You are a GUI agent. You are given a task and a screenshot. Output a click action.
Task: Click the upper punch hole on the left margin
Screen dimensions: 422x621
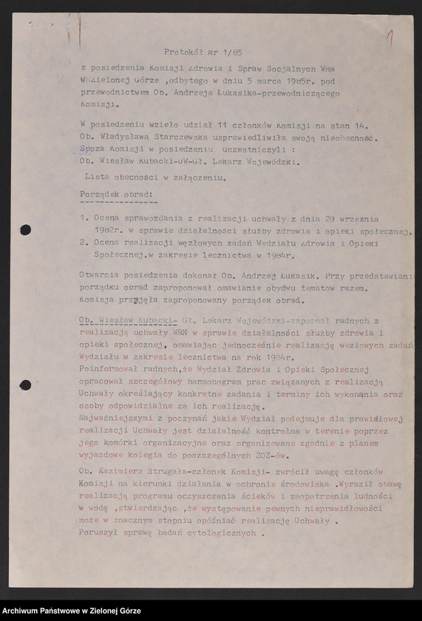coord(25,230)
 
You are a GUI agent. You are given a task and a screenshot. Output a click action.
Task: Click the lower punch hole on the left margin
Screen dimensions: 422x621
coord(25,384)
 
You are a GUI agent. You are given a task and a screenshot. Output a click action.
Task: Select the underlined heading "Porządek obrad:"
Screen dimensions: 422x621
coord(117,194)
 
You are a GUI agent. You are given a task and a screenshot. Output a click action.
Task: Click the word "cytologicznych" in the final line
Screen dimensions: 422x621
coord(216,532)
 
